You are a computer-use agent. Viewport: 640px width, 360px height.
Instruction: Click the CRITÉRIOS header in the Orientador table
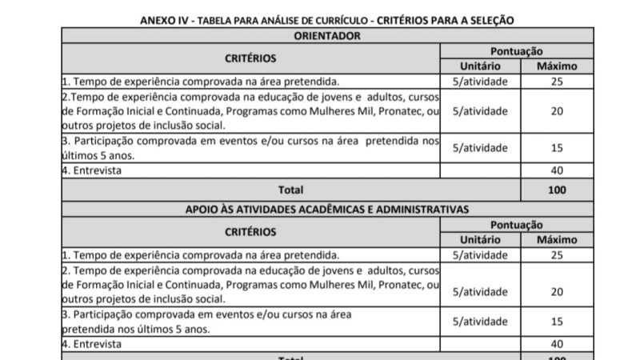click(250, 58)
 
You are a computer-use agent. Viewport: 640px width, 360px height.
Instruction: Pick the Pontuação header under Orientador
click(516, 50)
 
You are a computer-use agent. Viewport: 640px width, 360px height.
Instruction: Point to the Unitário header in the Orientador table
click(480, 66)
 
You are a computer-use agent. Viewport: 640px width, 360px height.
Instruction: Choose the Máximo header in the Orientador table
click(557, 66)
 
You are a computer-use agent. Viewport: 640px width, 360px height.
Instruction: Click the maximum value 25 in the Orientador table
click(557, 81)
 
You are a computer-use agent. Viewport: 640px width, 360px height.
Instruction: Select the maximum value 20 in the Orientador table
click(557, 110)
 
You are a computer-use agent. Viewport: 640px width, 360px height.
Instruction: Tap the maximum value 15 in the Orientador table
click(557, 147)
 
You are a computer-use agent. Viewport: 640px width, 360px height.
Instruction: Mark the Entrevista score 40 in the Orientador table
click(557, 170)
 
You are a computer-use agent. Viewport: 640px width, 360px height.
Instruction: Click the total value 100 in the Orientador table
click(557, 190)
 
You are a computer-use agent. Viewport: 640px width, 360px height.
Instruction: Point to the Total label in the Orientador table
click(290, 190)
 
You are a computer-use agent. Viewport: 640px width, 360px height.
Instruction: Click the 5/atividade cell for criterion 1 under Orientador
click(480, 81)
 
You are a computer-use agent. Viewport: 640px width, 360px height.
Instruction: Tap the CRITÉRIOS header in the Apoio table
click(250, 231)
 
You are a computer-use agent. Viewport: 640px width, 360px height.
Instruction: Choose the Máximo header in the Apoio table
click(557, 239)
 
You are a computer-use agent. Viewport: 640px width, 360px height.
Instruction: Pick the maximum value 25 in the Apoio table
click(557, 254)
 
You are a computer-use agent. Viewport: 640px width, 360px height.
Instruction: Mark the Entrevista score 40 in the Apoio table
click(557, 343)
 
